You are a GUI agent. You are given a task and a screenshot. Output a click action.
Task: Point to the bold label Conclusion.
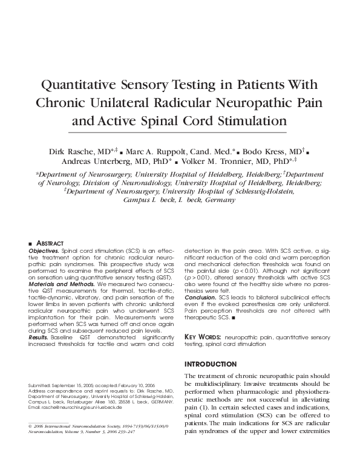200,297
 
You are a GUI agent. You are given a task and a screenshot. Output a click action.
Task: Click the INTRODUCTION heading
210,364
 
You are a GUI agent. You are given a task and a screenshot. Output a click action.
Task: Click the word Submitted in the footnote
41,385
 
